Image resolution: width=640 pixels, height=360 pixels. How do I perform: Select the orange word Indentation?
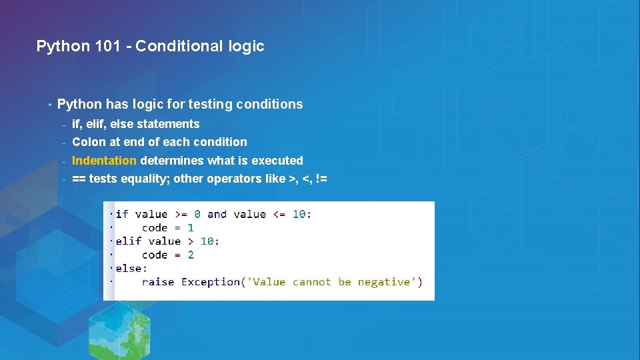pyautogui.click(x=104, y=161)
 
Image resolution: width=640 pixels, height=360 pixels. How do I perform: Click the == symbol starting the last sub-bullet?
pyautogui.click(x=79, y=179)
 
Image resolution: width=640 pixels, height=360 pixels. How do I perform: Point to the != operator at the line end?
pyautogui.click(x=320, y=179)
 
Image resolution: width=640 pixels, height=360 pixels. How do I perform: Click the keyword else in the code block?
pyautogui.click(x=127, y=268)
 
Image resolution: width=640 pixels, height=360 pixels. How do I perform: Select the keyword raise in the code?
pyautogui.click(x=158, y=282)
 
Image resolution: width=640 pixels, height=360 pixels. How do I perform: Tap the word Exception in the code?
pyautogui.click(x=211, y=282)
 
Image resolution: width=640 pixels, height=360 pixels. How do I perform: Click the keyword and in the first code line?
pyautogui.click(x=217, y=214)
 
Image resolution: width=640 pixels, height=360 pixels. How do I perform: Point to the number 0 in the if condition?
pyautogui.click(x=197, y=214)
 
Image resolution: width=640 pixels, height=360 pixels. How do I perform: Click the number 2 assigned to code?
pyautogui.click(x=191, y=255)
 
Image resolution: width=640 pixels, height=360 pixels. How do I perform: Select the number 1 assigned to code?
pyautogui.click(x=191, y=228)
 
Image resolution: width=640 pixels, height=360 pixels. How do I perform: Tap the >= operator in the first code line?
pyautogui.click(x=181, y=214)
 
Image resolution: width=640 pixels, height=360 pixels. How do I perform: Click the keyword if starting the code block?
pyautogui.click(x=122, y=214)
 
